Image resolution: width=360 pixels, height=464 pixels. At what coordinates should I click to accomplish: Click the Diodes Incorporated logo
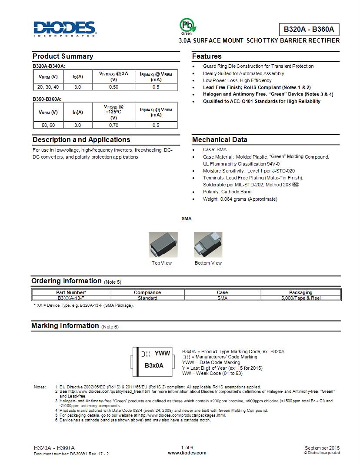(64, 28)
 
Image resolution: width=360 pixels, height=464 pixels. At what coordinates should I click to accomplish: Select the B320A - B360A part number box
(309, 30)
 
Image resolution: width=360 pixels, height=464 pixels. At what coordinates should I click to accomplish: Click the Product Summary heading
(63, 56)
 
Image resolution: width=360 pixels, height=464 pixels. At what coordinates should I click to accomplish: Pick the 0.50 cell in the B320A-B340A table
(113, 87)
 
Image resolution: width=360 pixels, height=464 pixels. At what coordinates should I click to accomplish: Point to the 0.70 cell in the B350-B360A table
(113, 125)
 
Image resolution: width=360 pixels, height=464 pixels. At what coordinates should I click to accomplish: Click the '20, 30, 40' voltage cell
(48, 87)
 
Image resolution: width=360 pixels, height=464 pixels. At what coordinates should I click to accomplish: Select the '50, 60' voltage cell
(48, 125)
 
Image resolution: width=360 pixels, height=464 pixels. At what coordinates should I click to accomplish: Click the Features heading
(207, 56)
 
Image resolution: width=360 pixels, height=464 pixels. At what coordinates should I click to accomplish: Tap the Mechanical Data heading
(220, 139)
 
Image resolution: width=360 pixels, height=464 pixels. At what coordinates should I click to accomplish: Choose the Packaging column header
(300, 292)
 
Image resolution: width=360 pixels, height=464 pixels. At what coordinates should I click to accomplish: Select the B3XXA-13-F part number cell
(71, 298)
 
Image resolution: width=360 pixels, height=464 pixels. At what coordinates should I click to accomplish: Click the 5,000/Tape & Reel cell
(300, 298)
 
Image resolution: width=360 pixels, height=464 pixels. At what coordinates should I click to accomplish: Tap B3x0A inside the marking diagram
(154, 365)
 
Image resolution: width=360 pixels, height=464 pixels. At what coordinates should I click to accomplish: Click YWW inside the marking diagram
(162, 353)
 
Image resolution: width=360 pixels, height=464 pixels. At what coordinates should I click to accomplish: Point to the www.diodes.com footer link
(187, 453)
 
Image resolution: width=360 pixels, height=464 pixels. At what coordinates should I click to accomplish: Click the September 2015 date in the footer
(322, 448)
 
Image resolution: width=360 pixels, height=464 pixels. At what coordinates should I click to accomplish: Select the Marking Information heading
(65, 325)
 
